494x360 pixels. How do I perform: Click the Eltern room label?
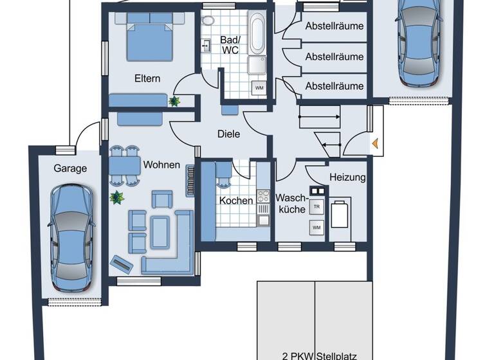click(x=147, y=78)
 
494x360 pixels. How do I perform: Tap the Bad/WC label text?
click(x=230, y=44)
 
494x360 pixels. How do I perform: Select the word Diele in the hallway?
click(x=228, y=134)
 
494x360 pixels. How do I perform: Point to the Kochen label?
click(x=235, y=201)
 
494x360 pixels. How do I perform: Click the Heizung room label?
click(x=347, y=177)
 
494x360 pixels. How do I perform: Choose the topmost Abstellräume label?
click(x=334, y=26)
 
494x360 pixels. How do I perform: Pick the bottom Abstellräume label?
click(x=334, y=85)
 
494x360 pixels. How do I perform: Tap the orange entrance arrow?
click(x=374, y=145)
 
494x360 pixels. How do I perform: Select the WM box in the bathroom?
click(x=259, y=87)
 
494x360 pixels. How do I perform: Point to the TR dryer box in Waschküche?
click(x=316, y=207)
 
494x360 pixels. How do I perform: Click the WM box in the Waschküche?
click(x=316, y=228)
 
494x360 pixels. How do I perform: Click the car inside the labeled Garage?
click(x=71, y=237)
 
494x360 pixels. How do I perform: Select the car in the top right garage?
click(x=417, y=42)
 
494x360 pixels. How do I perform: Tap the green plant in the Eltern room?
click(x=174, y=100)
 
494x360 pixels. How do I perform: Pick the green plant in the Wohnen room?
click(x=116, y=197)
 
